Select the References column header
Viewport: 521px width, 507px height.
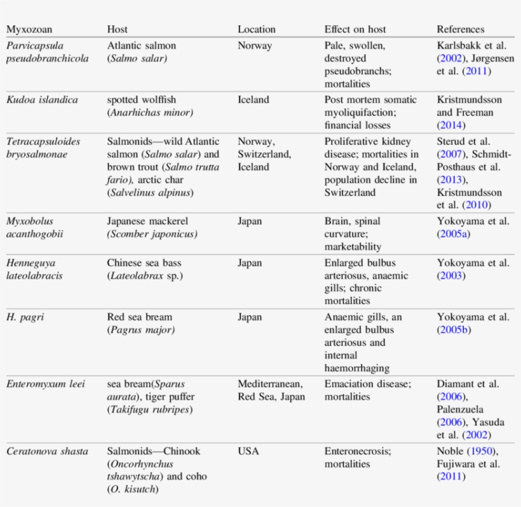coord(460,29)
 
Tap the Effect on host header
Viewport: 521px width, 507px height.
coord(355,29)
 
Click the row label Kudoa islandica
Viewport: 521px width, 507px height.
coord(42,100)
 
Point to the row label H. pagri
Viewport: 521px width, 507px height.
coord(25,317)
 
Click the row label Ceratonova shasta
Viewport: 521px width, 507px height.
coord(47,451)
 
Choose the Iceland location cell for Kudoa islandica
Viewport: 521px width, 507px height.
coord(253,100)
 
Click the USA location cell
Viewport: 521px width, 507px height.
coord(248,451)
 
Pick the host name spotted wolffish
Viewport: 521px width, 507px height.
coord(141,100)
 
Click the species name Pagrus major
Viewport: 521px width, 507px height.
coord(140,330)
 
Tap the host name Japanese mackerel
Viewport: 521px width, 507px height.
coord(147,221)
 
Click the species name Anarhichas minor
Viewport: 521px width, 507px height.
coord(150,112)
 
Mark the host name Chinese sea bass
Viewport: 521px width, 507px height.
coord(145,263)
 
